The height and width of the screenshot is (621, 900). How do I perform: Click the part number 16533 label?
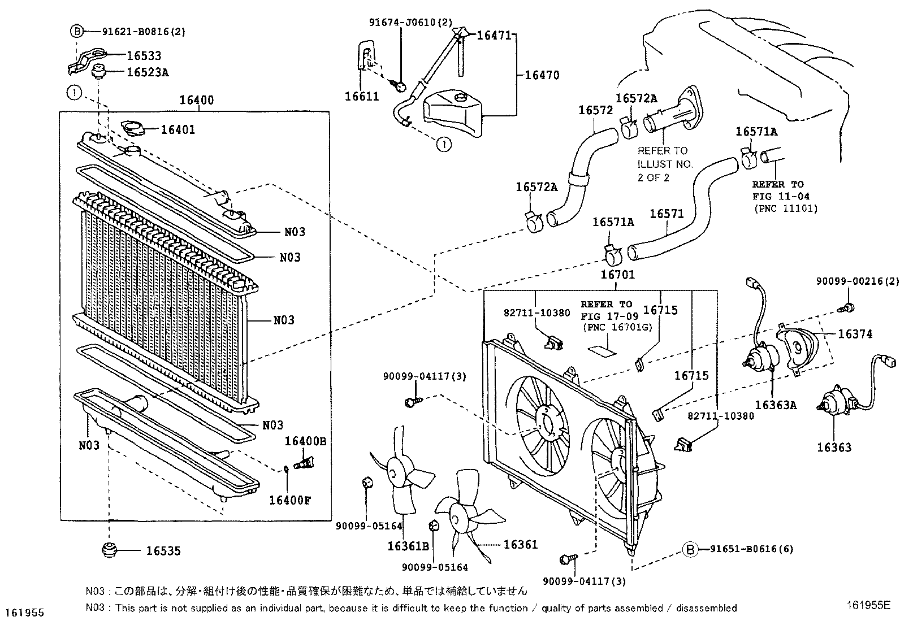click(144, 55)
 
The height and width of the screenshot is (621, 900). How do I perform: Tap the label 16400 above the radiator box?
click(196, 101)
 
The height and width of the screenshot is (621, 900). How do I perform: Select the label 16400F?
click(289, 500)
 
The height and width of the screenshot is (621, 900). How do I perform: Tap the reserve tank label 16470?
click(542, 75)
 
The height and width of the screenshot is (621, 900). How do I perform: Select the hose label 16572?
click(595, 110)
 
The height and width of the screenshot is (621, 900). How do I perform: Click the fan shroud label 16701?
click(617, 275)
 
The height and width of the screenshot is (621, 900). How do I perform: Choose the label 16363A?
click(776, 405)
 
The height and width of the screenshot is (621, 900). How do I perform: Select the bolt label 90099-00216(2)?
click(857, 281)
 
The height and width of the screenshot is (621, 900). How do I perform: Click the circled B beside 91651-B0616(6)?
click(690, 549)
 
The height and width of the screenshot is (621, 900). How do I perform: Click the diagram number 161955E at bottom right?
click(868, 604)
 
